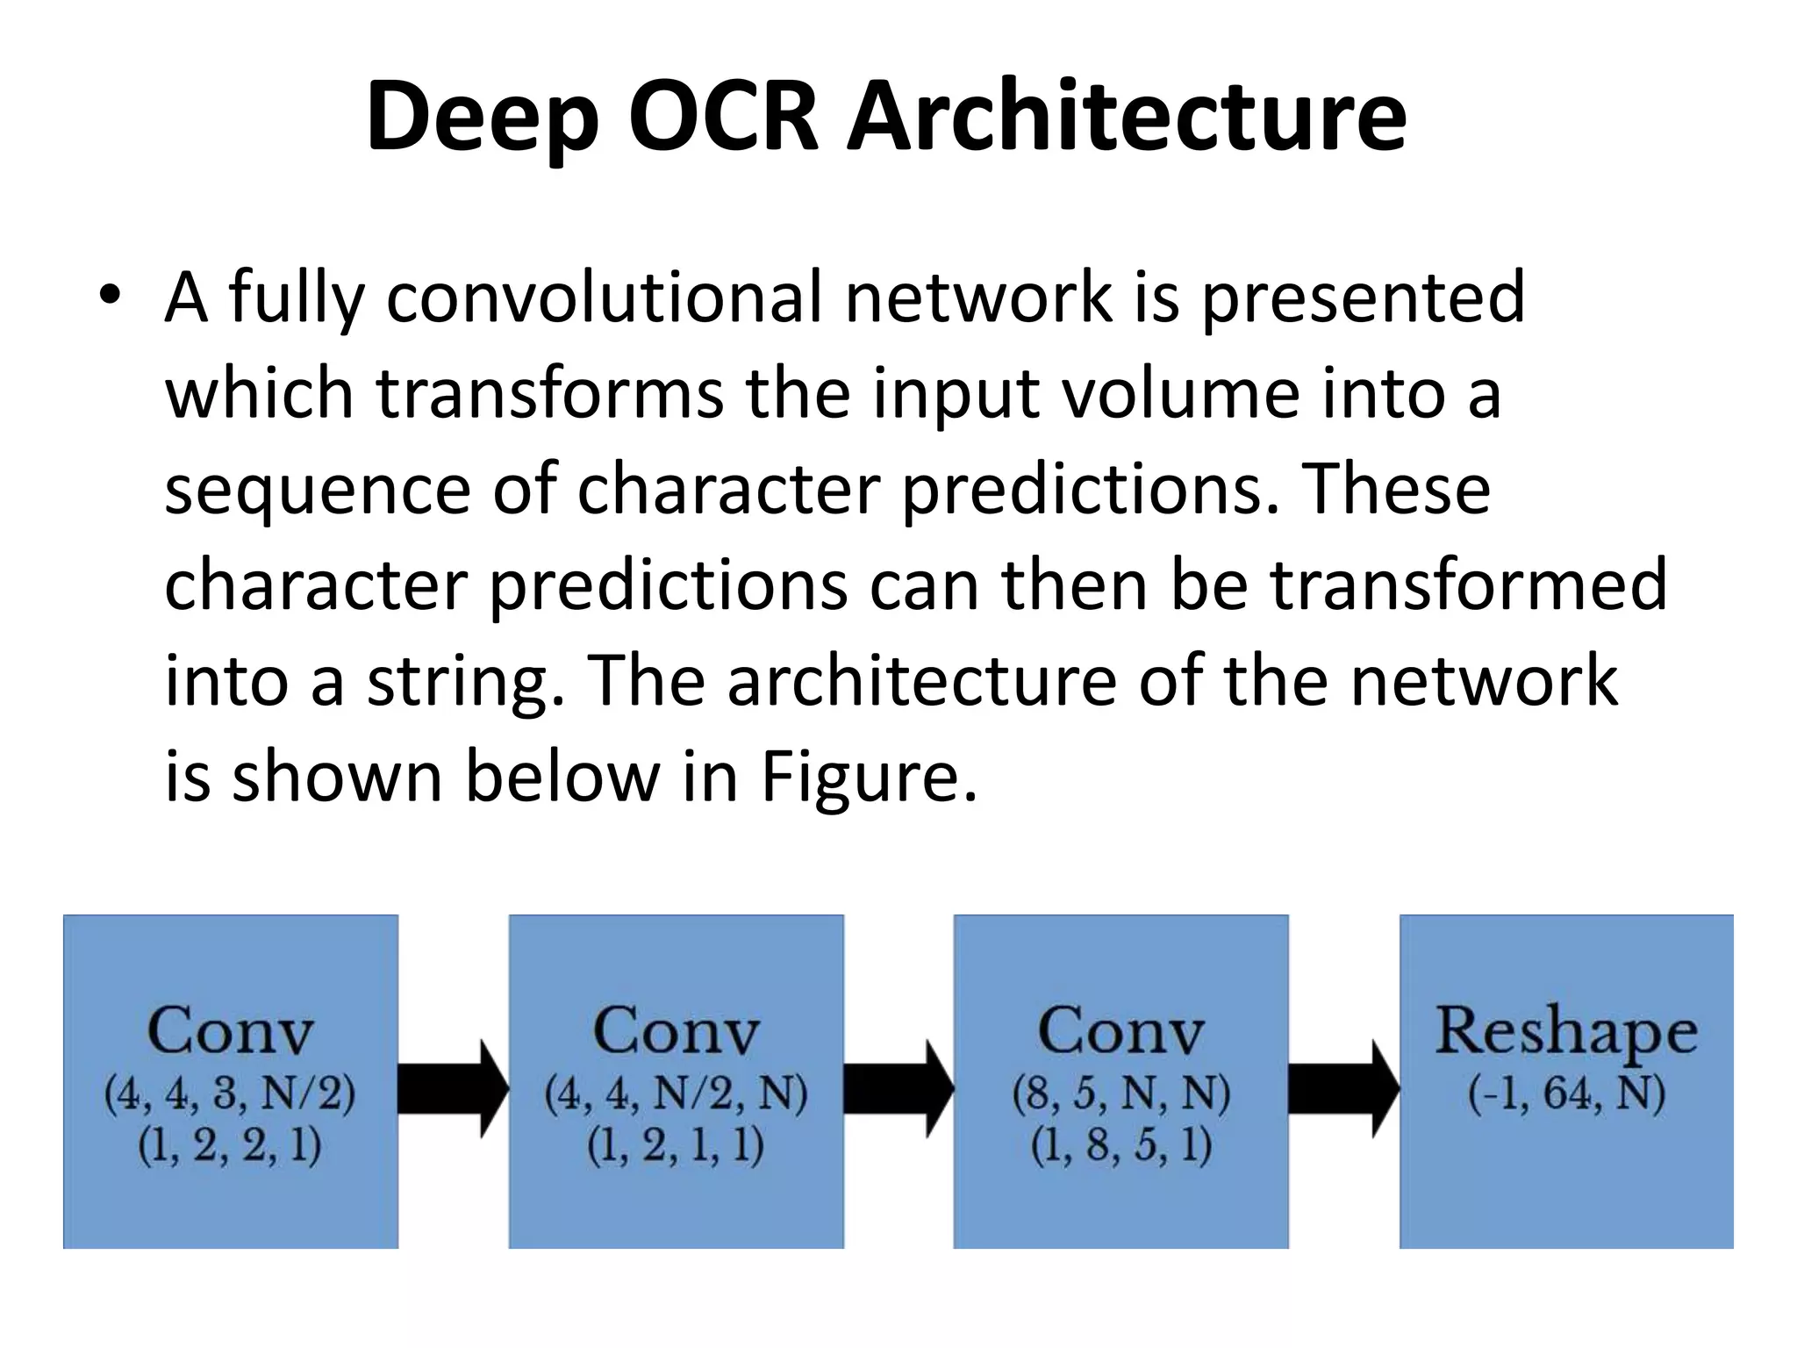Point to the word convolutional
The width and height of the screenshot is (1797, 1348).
click(x=604, y=298)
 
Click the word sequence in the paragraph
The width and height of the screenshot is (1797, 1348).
click(x=318, y=491)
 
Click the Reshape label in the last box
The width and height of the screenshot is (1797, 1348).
click(x=1566, y=1032)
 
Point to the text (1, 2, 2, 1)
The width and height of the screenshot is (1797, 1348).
click(x=230, y=1146)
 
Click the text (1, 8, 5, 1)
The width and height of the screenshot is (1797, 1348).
click(x=1120, y=1146)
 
